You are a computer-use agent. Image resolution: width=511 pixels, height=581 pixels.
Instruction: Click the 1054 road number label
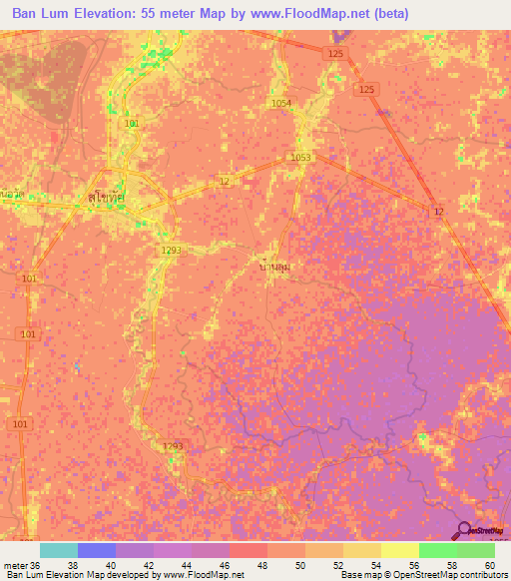(280, 103)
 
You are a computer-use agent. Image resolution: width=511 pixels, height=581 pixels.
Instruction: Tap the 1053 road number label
(300, 158)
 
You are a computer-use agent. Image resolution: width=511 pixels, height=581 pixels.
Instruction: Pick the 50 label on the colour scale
(298, 564)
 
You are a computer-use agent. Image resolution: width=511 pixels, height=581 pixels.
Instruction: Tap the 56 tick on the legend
(413, 564)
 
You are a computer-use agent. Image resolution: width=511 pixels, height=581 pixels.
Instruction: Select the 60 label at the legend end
(488, 564)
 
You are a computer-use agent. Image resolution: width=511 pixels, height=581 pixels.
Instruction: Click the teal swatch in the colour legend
(58, 550)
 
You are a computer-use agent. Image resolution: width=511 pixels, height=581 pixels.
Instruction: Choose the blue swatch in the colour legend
(96, 550)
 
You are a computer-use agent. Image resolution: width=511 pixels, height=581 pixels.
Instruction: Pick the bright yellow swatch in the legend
(399, 550)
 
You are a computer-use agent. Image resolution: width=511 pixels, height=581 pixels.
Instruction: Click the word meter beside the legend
(16, 564)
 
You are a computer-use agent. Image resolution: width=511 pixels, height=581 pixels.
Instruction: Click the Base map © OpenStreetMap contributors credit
(423, 575)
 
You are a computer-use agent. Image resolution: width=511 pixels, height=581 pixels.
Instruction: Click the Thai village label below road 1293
(274, 267)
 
